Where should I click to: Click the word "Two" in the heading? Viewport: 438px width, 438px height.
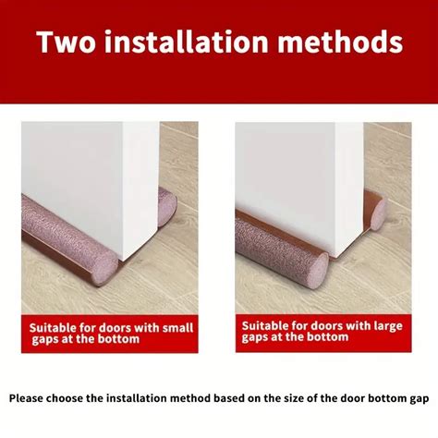click(66, 42)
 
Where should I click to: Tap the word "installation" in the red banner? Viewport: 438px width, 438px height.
click(186, 42)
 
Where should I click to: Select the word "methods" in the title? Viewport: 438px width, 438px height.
click(340, 42)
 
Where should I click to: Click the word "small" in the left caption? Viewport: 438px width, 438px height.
click(177, 328)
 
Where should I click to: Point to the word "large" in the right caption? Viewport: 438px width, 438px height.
click(388, 326)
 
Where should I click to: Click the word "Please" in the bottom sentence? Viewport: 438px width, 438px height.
click(26, 398)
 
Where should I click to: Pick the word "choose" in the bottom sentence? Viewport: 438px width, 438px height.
click(65, 398)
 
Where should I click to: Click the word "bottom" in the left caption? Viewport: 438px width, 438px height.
click(118, 339)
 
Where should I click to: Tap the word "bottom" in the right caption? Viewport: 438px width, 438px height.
click(327, 337)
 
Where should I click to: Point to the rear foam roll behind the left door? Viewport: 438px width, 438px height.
click(167, 207)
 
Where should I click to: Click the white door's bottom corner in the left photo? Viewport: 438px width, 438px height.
click(124, 262)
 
